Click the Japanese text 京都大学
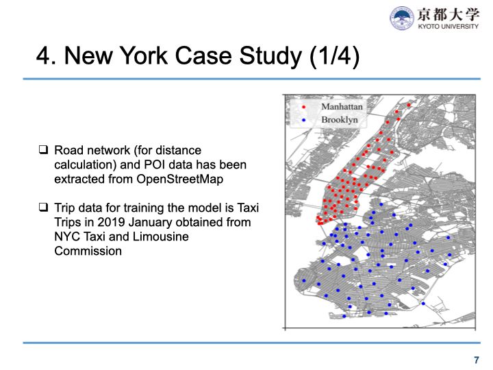point(448,14)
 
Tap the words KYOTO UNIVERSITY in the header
point(448,27)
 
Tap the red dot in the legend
point(303,107)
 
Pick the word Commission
point(88,251)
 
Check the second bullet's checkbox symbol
point(43,208)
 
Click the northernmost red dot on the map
point(409,105)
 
